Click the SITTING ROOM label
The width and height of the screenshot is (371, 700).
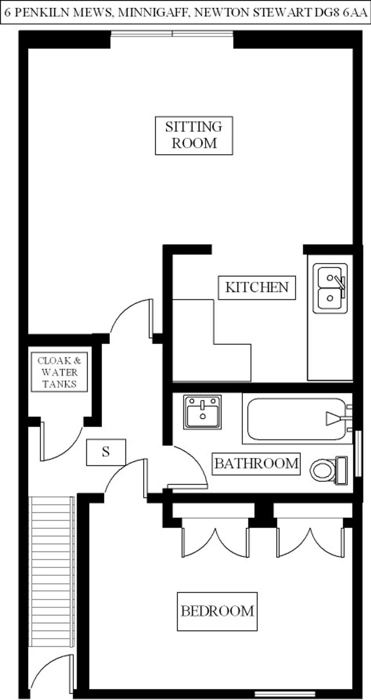click(x=194, y=135)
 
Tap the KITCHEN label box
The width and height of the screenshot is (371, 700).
click(x=257, y=287)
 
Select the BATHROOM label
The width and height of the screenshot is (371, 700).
click(x=256, y=464)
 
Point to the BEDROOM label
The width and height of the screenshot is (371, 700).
click(x=217, y=611)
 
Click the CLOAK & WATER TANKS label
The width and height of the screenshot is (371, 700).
click(x=59, y=372)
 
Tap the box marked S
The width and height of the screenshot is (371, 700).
click(x=106, y=452)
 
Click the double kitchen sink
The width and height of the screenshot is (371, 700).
click(x=330, y=288)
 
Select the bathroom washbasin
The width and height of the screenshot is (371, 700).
click(x=202, y=412)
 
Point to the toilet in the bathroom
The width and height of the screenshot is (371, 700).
click(x=328, y=470)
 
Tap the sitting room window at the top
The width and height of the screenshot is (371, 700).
click(x=172, y=33)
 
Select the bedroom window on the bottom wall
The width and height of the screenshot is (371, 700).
click(x=285, y=694)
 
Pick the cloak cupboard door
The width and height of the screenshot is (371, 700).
click(x=61, y=444)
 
